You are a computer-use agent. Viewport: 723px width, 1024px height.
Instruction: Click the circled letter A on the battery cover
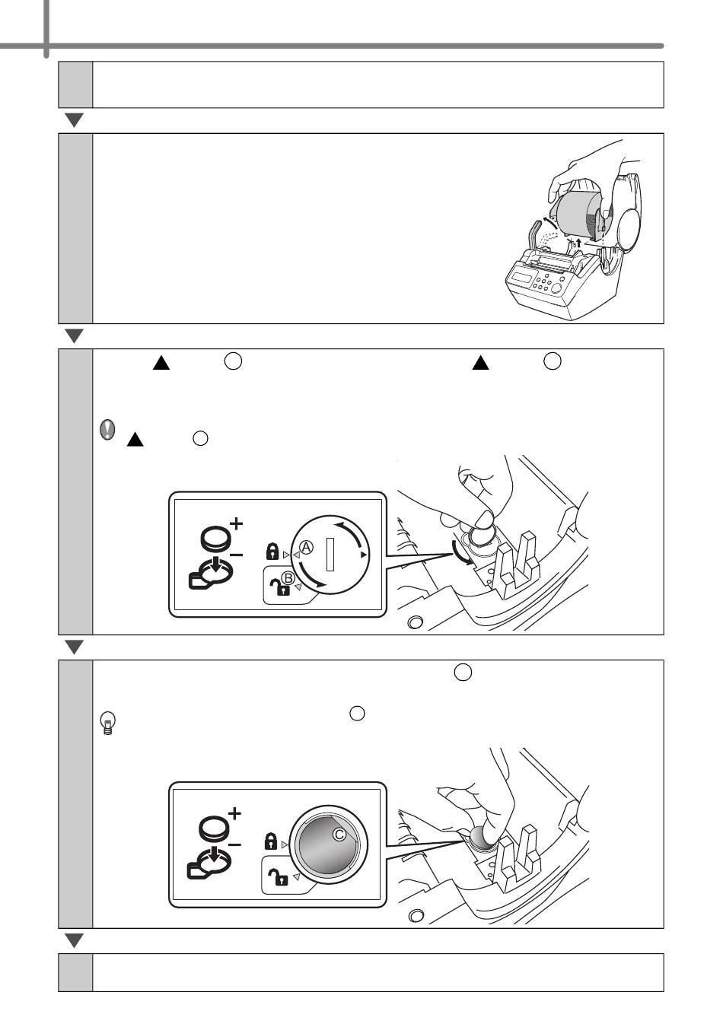[306, 547]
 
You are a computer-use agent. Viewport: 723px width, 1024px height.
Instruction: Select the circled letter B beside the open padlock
[288, 578]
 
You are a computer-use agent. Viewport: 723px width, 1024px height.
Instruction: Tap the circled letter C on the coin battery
[339, 834]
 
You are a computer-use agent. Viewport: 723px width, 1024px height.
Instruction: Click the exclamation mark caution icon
[107, 430]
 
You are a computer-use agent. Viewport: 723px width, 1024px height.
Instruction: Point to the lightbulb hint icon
[108, 723]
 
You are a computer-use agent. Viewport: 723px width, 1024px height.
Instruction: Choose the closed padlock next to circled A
[272, 552]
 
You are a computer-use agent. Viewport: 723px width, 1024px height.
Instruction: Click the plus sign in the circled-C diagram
[234, 813]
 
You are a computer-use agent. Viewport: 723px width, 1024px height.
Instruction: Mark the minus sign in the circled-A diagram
[236, 555]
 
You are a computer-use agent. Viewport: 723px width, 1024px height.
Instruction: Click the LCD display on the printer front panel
[522, 277]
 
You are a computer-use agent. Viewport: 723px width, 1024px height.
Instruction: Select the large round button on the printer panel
[556, 288]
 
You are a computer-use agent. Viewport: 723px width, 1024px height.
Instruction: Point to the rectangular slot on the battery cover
[330, 554]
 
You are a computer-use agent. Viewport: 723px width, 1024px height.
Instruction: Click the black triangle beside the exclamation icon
[135, 439]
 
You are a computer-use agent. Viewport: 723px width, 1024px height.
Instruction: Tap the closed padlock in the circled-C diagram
[271, 841]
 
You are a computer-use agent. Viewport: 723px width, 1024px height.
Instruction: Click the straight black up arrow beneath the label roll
[578, 242]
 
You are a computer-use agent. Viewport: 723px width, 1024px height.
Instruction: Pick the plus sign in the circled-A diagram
[236, 523]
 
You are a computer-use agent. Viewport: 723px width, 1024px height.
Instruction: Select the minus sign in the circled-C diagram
[234, 844]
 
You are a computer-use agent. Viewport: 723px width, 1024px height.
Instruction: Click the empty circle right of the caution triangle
[200, 438]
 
